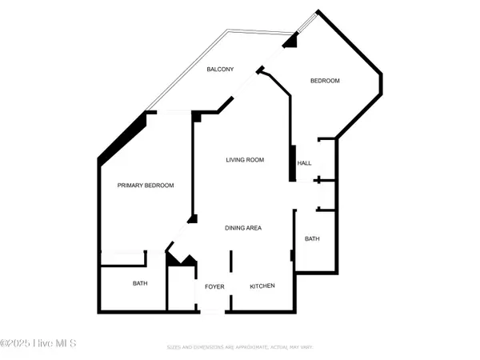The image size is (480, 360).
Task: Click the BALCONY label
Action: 220,70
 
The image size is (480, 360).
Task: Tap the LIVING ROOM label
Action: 245,160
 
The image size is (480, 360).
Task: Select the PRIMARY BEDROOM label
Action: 146,186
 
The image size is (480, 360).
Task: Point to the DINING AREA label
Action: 243,228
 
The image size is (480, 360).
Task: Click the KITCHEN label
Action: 262,286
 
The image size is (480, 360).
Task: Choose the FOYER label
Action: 214,286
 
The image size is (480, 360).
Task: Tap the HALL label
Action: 304,163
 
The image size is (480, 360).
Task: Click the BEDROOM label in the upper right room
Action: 325,81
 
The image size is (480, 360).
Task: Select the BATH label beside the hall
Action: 312,238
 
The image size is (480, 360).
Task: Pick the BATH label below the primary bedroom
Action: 140,283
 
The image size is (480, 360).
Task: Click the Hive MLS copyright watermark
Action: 38,343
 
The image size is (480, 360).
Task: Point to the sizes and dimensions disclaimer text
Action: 240,348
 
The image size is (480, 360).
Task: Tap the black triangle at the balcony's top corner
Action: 290,40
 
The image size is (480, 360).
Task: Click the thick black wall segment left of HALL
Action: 292,164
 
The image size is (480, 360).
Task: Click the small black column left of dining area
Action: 192,218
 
